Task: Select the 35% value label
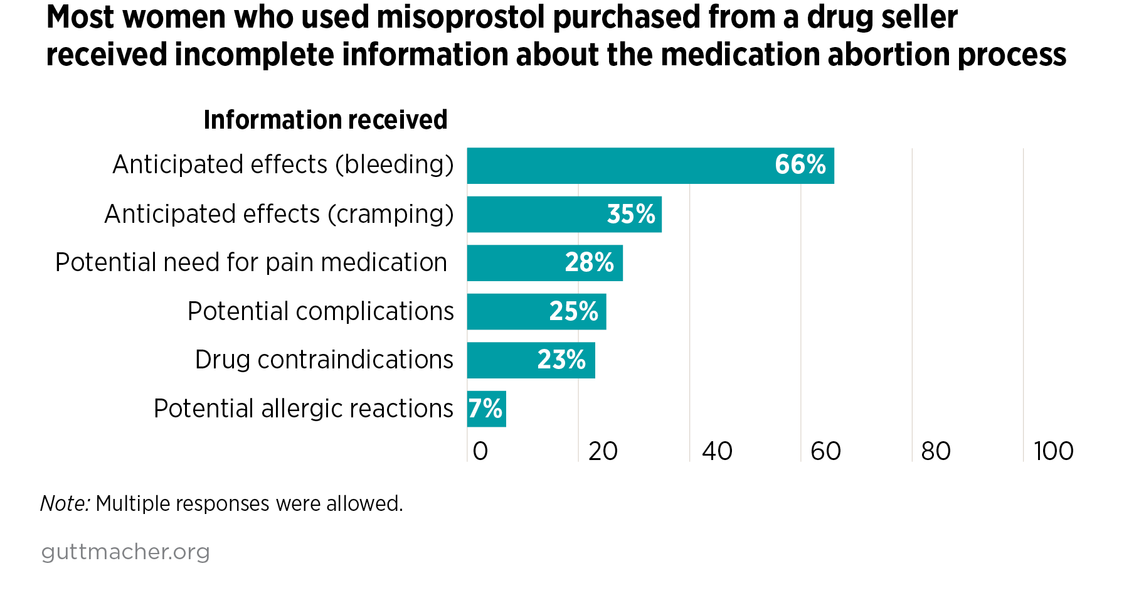(x=630, y=215)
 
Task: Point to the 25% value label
(x=573, y=311)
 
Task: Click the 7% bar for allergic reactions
(x=486, y=409)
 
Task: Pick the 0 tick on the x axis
(x=480, y=451)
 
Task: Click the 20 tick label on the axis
(x=603, y=451)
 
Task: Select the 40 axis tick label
(x=717, y=451)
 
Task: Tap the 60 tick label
(x=825, y=451)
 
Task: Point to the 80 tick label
(x=936, y=451)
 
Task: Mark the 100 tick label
(x=1054, y=451)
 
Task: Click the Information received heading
(x=326, y=120)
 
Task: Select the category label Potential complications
(x=321, y=311)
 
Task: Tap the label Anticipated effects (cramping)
(x=278, y=214)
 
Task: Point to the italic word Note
(x=65, y=503)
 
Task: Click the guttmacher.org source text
(x=125, y=552)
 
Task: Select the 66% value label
(x=800, y=165)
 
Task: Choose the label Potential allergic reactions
(x=303, y=409)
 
